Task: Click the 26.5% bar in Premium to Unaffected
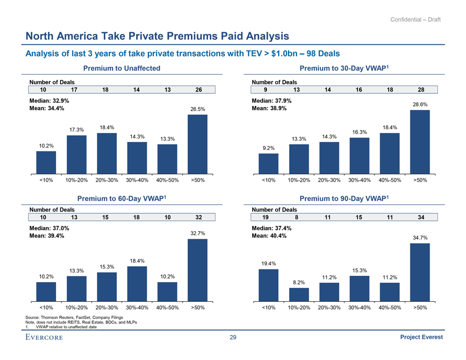tap(198, 144)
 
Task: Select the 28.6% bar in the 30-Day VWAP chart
tap(420, 142)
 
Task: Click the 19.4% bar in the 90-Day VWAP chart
tap(268, 285)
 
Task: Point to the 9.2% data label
tap(268, 148)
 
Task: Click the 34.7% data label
tap(420, 237)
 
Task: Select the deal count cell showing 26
tap(198, 90)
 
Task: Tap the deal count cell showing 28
tap(420, 90)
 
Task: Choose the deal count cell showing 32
tap(198, 217)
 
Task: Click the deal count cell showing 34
tap(420, 217)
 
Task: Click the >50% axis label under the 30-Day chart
tap(420, 180)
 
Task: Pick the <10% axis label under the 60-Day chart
tap(46, 307)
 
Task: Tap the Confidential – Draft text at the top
tap(415, 20)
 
